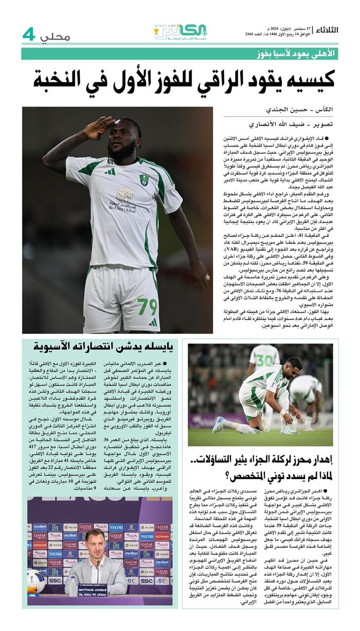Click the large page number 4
(29, 35)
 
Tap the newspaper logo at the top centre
(180, 33)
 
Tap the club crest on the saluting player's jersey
(144, 180)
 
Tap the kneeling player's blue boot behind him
(218, 424)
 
